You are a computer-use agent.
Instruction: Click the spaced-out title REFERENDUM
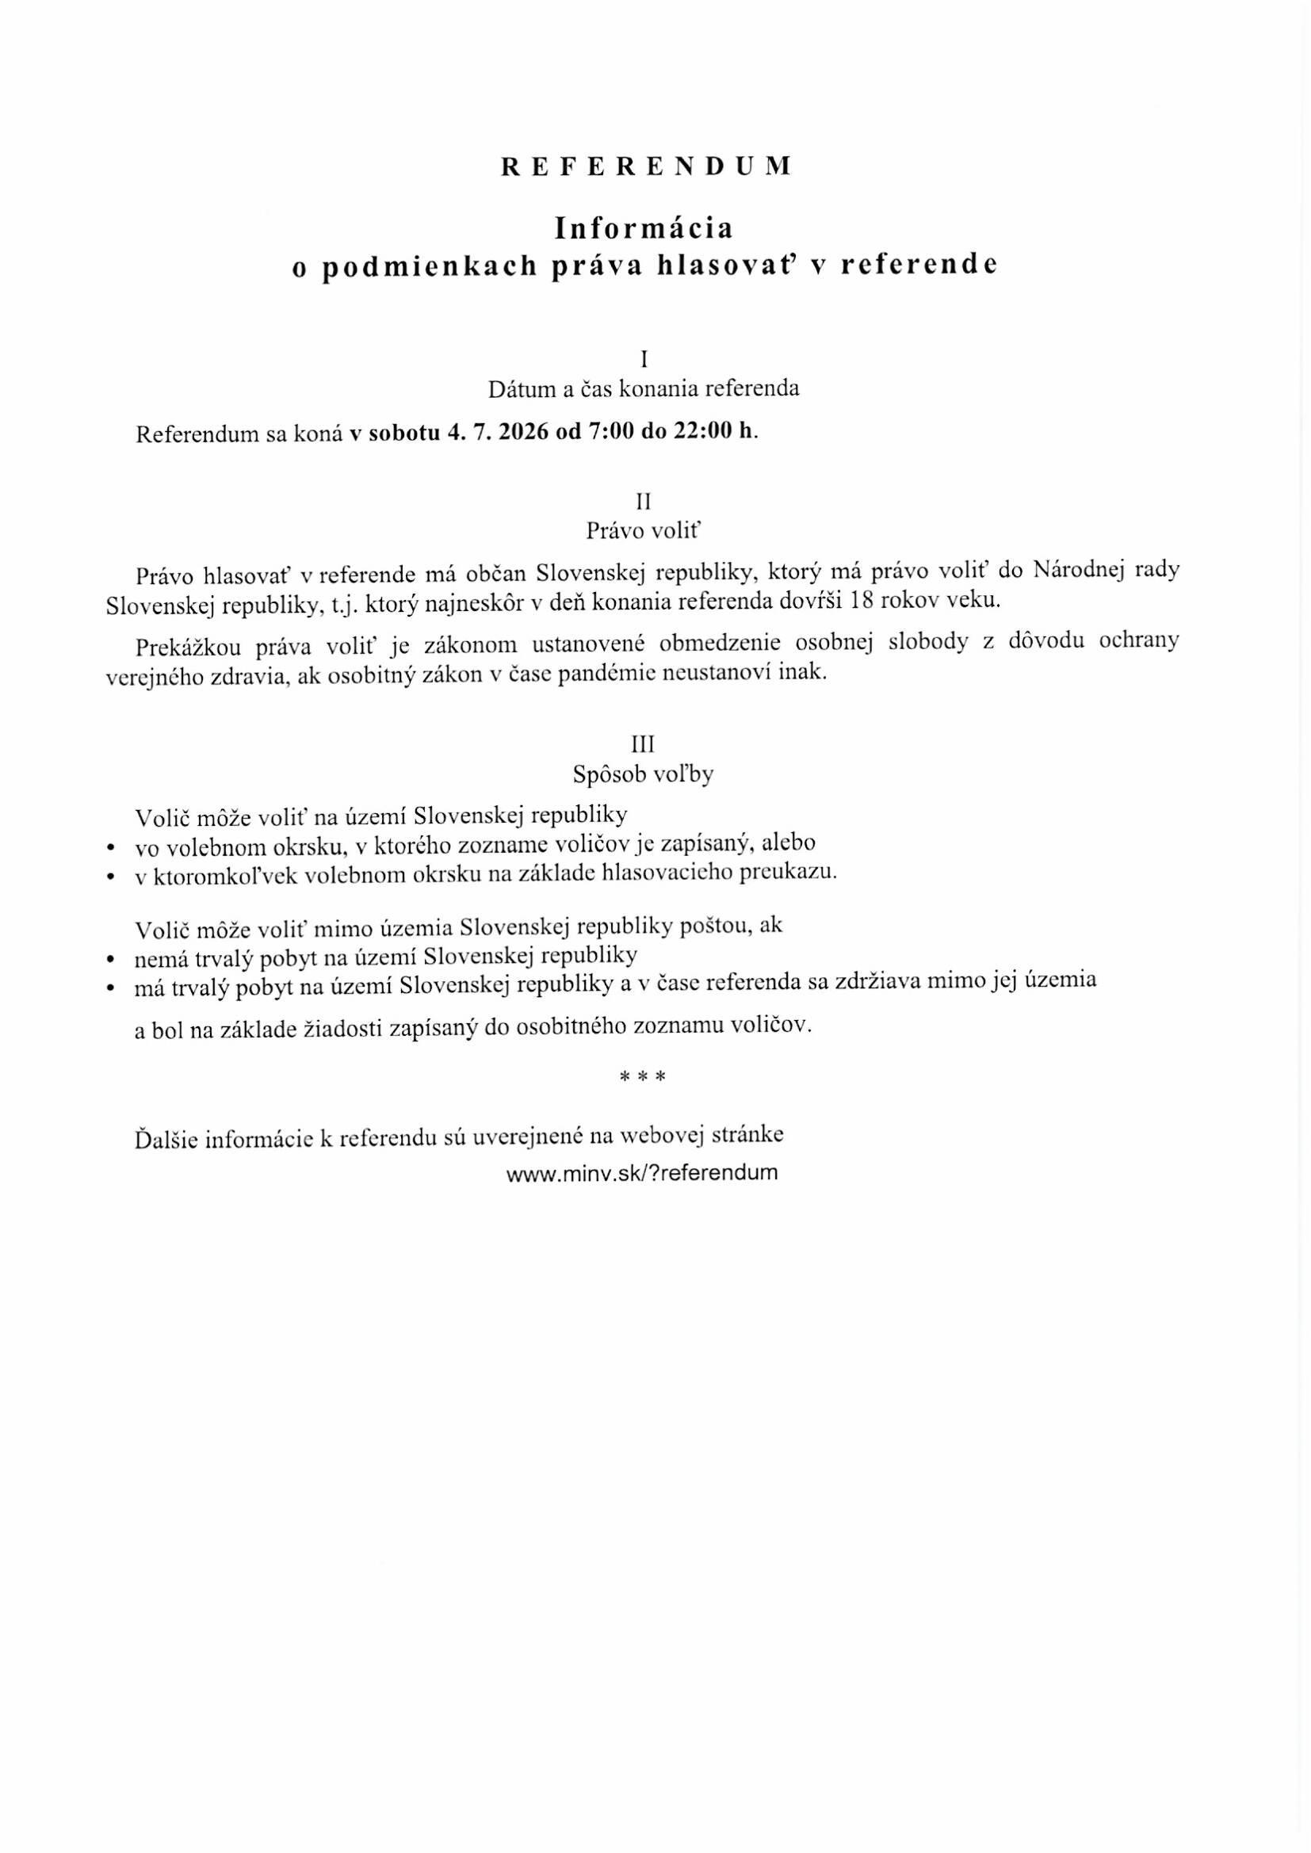646,166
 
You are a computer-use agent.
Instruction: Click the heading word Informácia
644,228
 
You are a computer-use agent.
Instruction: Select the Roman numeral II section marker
644,501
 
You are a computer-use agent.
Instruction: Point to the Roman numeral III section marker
644,743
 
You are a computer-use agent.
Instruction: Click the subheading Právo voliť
644,531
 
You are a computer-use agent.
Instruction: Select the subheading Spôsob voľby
644,774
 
